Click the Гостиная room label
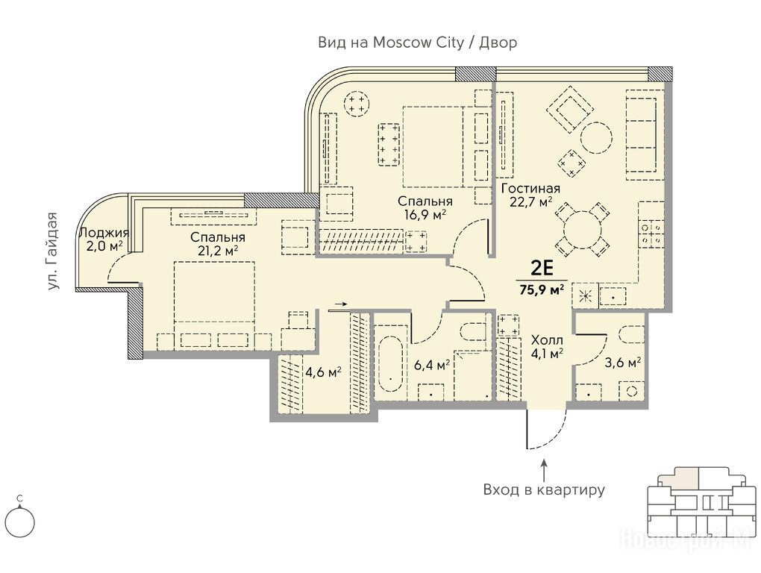(530, 189)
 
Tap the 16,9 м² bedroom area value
(425, 214)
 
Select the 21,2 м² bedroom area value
(217, 251)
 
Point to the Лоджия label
(104, 233)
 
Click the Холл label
(547, 339)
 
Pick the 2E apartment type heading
(542, 268)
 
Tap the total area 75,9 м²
(542, 289)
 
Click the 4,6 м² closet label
(323, 372)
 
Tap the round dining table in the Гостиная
(583, 231)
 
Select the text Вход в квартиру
(544, 489)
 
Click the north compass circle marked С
(20, 523)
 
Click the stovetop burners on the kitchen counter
(651, 233)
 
